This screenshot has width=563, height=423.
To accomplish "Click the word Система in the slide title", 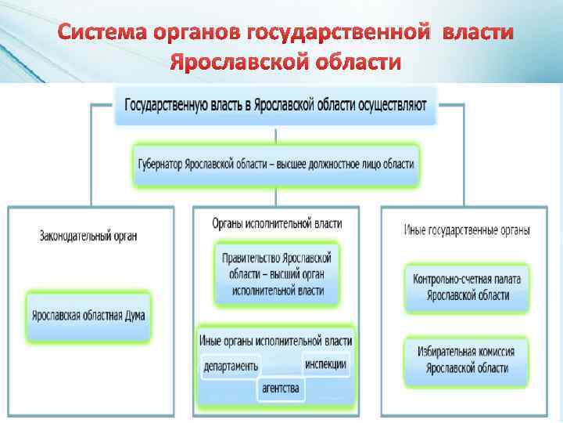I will click(x=98, y=34).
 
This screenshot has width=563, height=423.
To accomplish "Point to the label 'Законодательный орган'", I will click(x=92, y=233).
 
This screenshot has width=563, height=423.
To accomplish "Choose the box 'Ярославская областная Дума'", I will click(x=88, y=317).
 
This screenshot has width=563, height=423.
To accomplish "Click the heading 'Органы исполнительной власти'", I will click(x=276, y=223).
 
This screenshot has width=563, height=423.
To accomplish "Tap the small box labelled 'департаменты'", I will click(x=231, y=366).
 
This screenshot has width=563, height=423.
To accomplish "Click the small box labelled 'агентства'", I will click(x=279, y=388).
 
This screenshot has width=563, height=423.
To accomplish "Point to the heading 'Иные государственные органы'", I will click(x=467, y=230).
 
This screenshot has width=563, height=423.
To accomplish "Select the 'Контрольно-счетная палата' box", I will click(x=468, y=287).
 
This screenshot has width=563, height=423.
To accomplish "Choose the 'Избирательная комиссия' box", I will click(x=468, y=360).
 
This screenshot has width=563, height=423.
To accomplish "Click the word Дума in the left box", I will click(x=133, y=317).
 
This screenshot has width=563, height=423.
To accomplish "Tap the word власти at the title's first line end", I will click(x=478, y=34).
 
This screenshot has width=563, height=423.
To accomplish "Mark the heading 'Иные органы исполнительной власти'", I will click(x=275, y=341).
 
